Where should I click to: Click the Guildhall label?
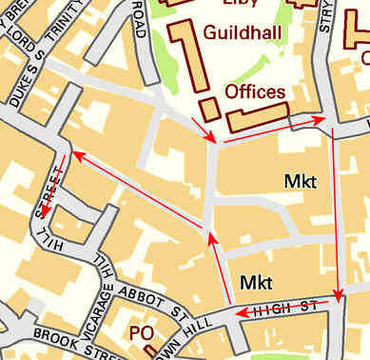[x=243, y=31]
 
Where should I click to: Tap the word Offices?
[x=254, y=91]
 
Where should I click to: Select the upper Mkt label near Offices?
[x=300, y=180]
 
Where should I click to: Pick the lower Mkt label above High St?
[x=256, y=282]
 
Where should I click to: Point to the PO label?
[x=141, y=334]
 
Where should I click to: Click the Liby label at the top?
[x=241, y=3]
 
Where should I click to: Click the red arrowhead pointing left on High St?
[x=240, y=311]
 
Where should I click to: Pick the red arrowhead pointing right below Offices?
[x=321, y=121]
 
